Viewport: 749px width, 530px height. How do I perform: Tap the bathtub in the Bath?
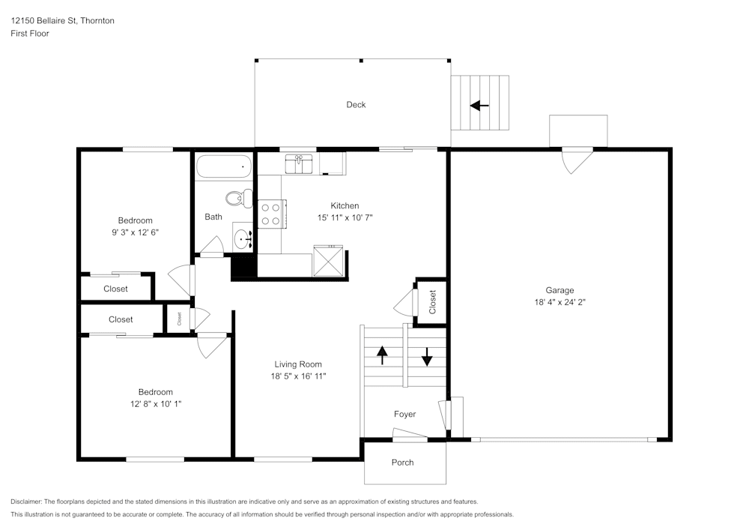coord(224,166)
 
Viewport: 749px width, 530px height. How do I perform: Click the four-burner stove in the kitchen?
coord(270,213)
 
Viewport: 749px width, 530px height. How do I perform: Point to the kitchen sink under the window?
coord(302,163)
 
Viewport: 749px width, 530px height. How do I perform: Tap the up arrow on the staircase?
coord(382,355)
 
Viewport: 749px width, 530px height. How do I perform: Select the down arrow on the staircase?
coord(427,357)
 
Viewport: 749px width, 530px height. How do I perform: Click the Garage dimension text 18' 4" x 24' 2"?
coord(560,303)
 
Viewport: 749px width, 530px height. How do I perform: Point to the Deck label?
coord(356,105)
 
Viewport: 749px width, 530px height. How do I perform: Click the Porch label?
coord(403,463)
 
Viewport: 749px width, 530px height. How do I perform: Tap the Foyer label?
coord(404,415)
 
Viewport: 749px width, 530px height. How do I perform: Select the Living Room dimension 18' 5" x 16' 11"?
coord(298,376)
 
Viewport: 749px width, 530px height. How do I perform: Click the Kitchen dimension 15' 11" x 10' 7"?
coord(345,217)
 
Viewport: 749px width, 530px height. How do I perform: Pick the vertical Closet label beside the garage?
coord(432,301)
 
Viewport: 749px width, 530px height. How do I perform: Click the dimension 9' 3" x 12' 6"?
coord(135,232)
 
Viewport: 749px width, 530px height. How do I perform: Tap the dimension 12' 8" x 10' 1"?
coord(155,404)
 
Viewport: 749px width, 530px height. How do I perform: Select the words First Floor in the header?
coord(30,34)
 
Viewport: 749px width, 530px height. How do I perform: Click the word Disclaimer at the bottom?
coord(27,502)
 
